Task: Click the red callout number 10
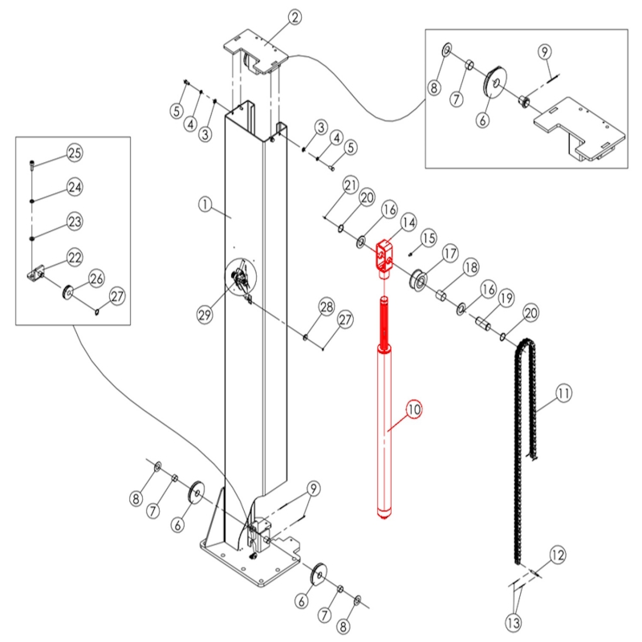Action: coord(414,409)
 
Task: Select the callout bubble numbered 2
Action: coord(295,17)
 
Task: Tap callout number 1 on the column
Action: coord(205,204)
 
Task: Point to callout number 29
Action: coord(205,315)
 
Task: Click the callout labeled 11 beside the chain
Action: coord(563,393)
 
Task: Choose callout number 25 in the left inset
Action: coord(75,153)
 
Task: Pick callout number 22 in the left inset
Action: coord(75,258)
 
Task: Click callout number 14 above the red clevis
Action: coord(408,222)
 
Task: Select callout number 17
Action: coord(450,254)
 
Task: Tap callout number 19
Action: coord(506,298)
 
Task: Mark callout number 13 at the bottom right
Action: coord(514,624)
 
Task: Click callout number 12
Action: coord(558,555)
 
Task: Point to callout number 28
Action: coord(327,307)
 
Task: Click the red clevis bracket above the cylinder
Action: coord(385,258)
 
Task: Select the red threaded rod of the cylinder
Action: coord(385,323)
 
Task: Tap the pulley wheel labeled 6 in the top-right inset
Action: coord(495,81)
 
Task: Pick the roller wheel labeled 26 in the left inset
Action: coord(68,292)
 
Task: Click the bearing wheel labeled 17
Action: coord(418,280)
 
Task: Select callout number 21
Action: coord(351,186)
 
